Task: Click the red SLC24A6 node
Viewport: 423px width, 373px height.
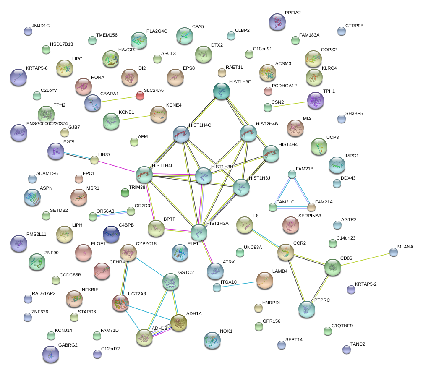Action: pos(140,96)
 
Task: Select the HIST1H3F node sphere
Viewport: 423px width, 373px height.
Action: pos(222,91)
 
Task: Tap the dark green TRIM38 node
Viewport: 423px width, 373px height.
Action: pos(125,193)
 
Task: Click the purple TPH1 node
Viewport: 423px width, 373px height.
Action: pos(315,101)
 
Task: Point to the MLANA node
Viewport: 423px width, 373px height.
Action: pos(393,252)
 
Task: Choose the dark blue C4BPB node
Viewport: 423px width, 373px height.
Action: pos(111,234)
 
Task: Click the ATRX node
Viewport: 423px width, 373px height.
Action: pos(215,271)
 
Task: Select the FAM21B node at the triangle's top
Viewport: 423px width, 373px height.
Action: pos(292,174)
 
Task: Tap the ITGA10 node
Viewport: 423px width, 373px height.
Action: pos(217,287)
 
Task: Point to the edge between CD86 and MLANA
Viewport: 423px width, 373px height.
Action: pos(363,260)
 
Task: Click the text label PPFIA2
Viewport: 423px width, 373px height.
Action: pos(292,13)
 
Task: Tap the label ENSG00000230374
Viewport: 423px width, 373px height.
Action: pos(47,123)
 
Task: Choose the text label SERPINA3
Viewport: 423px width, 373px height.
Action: pos(309,216)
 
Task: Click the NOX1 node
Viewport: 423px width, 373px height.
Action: pos(212,340)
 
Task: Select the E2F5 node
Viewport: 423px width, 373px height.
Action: pos(56,151)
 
